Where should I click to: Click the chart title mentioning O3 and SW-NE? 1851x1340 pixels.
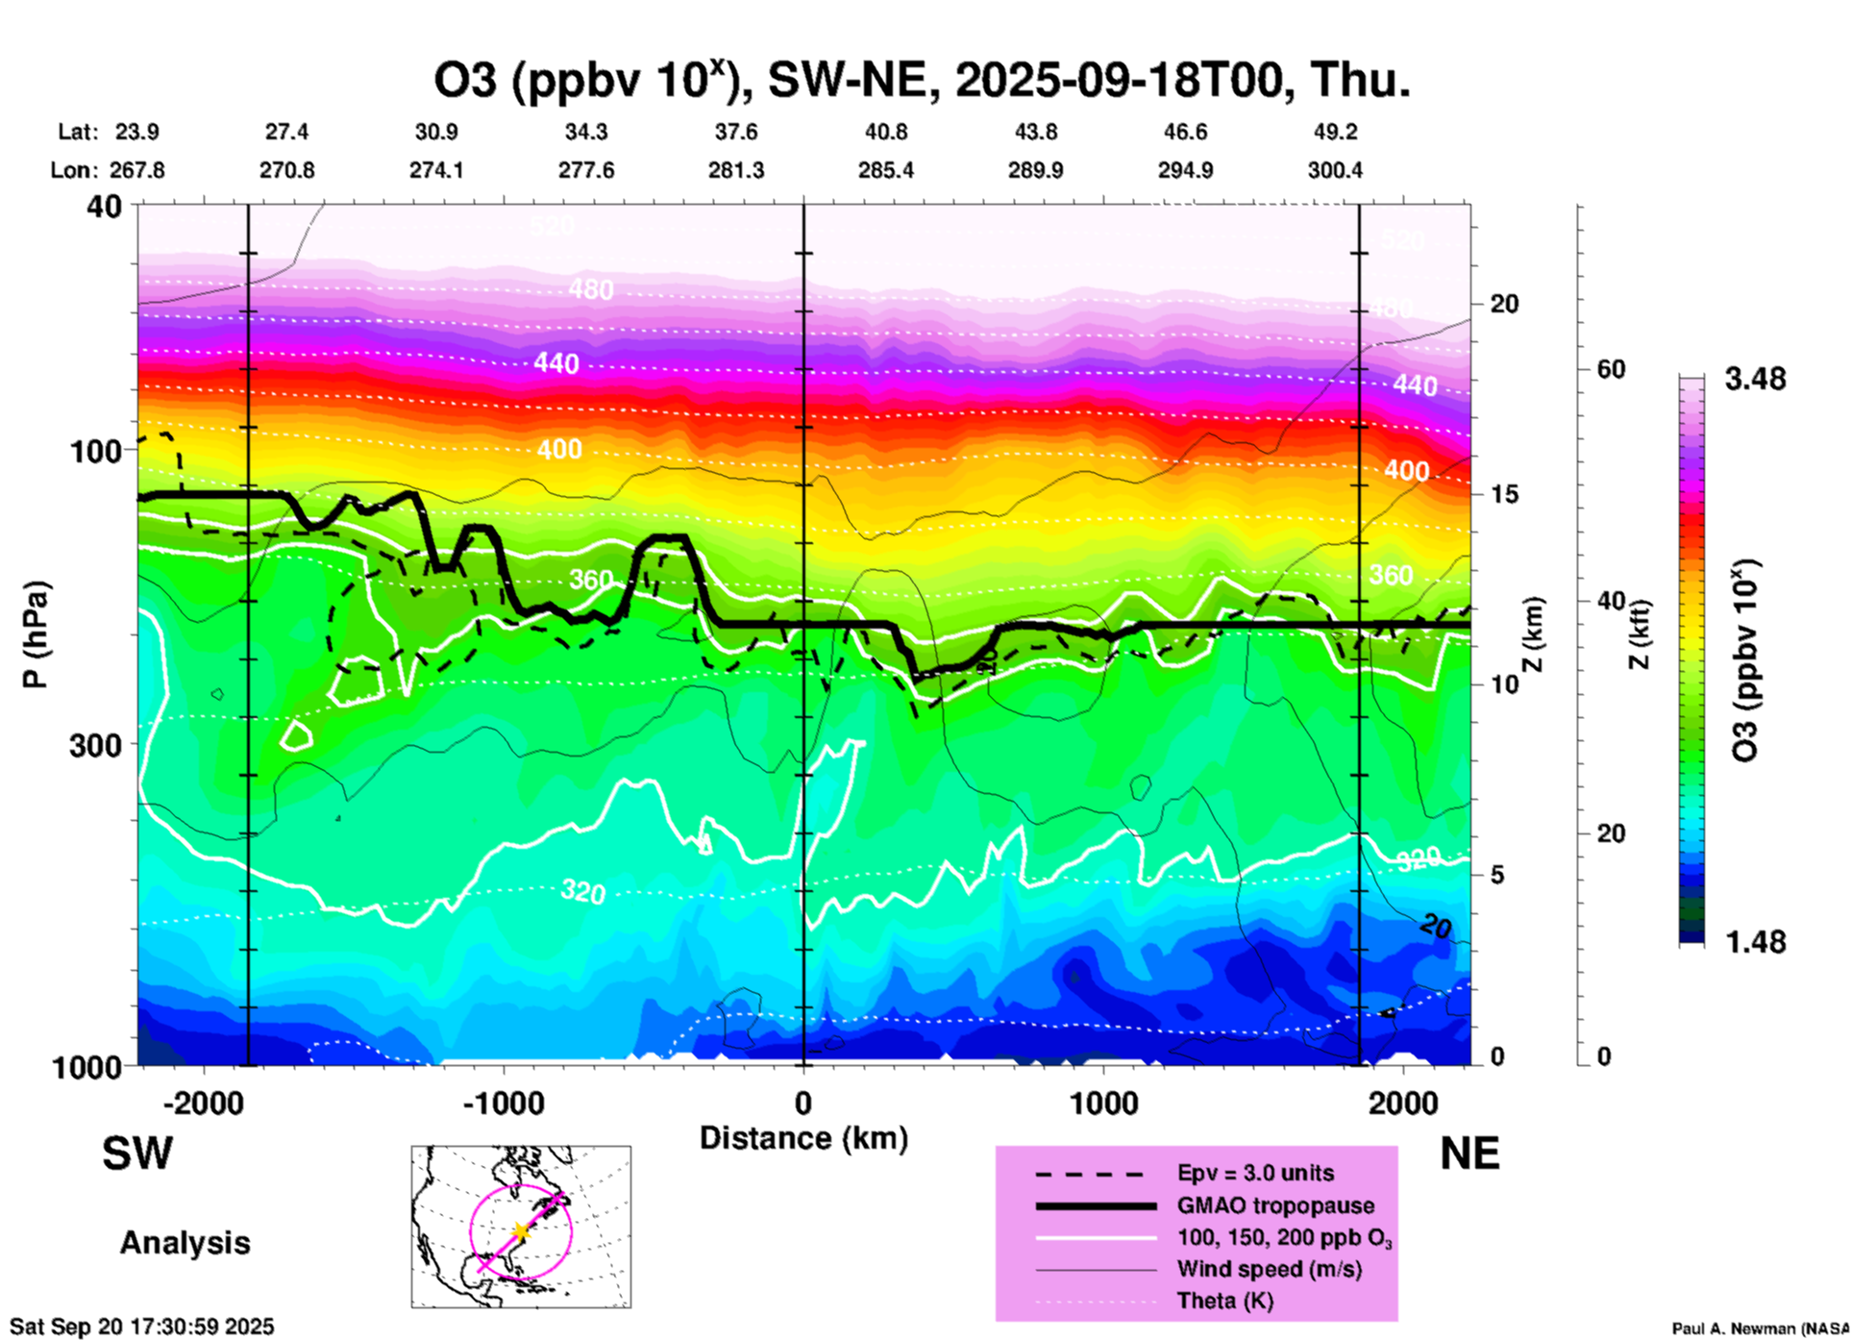922,80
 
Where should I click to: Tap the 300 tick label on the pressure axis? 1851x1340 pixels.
96,745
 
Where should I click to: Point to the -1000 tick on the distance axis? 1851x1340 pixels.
504,1104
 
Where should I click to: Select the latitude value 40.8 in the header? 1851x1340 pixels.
885,132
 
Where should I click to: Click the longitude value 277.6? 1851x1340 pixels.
586,170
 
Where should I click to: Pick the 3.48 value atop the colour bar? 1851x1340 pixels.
1755,380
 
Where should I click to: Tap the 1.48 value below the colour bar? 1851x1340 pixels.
1755,942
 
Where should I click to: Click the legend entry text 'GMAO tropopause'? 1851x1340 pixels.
1275,1205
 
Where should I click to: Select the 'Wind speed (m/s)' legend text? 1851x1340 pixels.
1269,1269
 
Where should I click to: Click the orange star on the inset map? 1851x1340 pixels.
521,1231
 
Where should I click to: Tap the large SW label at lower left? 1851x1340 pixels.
137,1154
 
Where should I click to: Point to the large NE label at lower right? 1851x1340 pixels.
1469,1154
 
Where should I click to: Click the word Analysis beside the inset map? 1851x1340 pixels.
185,1243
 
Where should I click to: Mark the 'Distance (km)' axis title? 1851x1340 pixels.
803,1138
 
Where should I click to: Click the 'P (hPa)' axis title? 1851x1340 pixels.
36,634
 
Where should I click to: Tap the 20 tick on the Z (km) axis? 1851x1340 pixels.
1504,305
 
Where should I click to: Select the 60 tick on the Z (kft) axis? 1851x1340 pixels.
1611,369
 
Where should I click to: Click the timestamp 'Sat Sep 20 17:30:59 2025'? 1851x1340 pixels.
142,1327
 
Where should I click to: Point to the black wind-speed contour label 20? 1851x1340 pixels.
1435,926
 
